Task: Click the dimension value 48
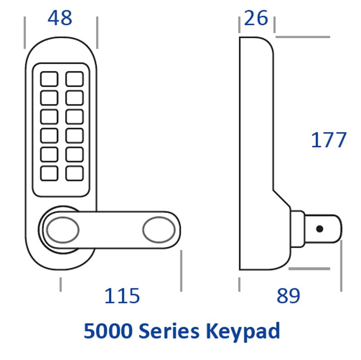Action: pos(60,18)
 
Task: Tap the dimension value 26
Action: pos(256,18)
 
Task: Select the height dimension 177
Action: pos(329,140)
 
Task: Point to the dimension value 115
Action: pos(122,296)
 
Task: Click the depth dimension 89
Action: pos(288,296)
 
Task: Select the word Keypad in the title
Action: pos(243,332)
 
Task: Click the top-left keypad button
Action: pos(49,79)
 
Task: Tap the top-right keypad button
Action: pos(75,79)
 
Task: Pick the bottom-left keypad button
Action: pos(49,173)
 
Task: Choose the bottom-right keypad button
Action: pos(75,173)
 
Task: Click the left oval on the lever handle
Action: pos(62,230)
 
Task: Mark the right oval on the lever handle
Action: pos(159,230)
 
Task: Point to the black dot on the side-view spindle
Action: pos(319,229)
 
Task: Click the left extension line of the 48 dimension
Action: pos(25,33)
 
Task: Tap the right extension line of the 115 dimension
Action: pos(181,271)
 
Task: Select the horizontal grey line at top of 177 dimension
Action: pos(303,37)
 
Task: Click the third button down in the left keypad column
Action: pos(49,117)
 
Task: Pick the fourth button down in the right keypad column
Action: pos(75,136)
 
